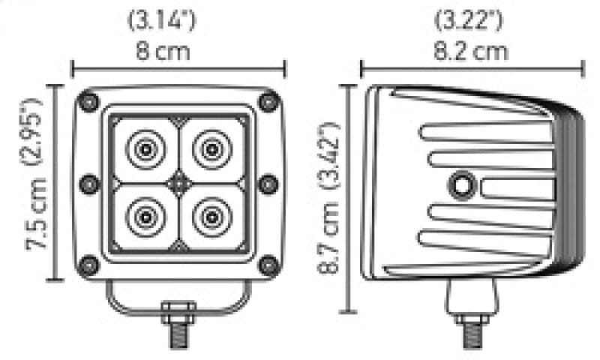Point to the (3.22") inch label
point(470,20)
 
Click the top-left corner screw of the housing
point(90,101)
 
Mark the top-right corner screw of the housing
point(268,101)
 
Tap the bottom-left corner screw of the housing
point(90,264)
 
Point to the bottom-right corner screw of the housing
point(268,264)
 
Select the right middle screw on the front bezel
point(268,182)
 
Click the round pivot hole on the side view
point(460,184)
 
